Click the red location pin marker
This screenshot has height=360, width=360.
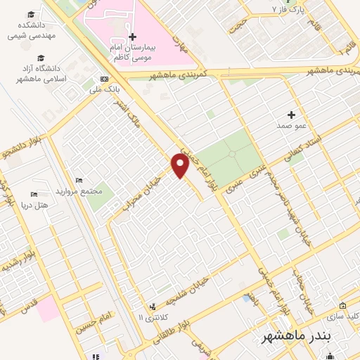(x=180, y=167)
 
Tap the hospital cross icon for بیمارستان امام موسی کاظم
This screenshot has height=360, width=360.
(x=132, y=36)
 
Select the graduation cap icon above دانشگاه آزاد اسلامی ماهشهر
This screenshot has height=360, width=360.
(x=41, y=58)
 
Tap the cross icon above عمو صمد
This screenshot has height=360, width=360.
(x=292, y=115)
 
